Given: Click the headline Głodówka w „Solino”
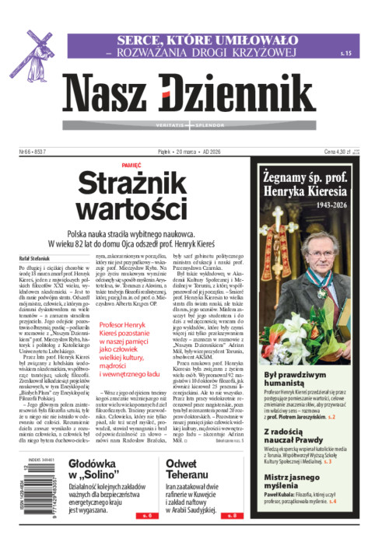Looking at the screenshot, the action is (x=93, y=472).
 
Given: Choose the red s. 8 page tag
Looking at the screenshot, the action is (x=230, y=537).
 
